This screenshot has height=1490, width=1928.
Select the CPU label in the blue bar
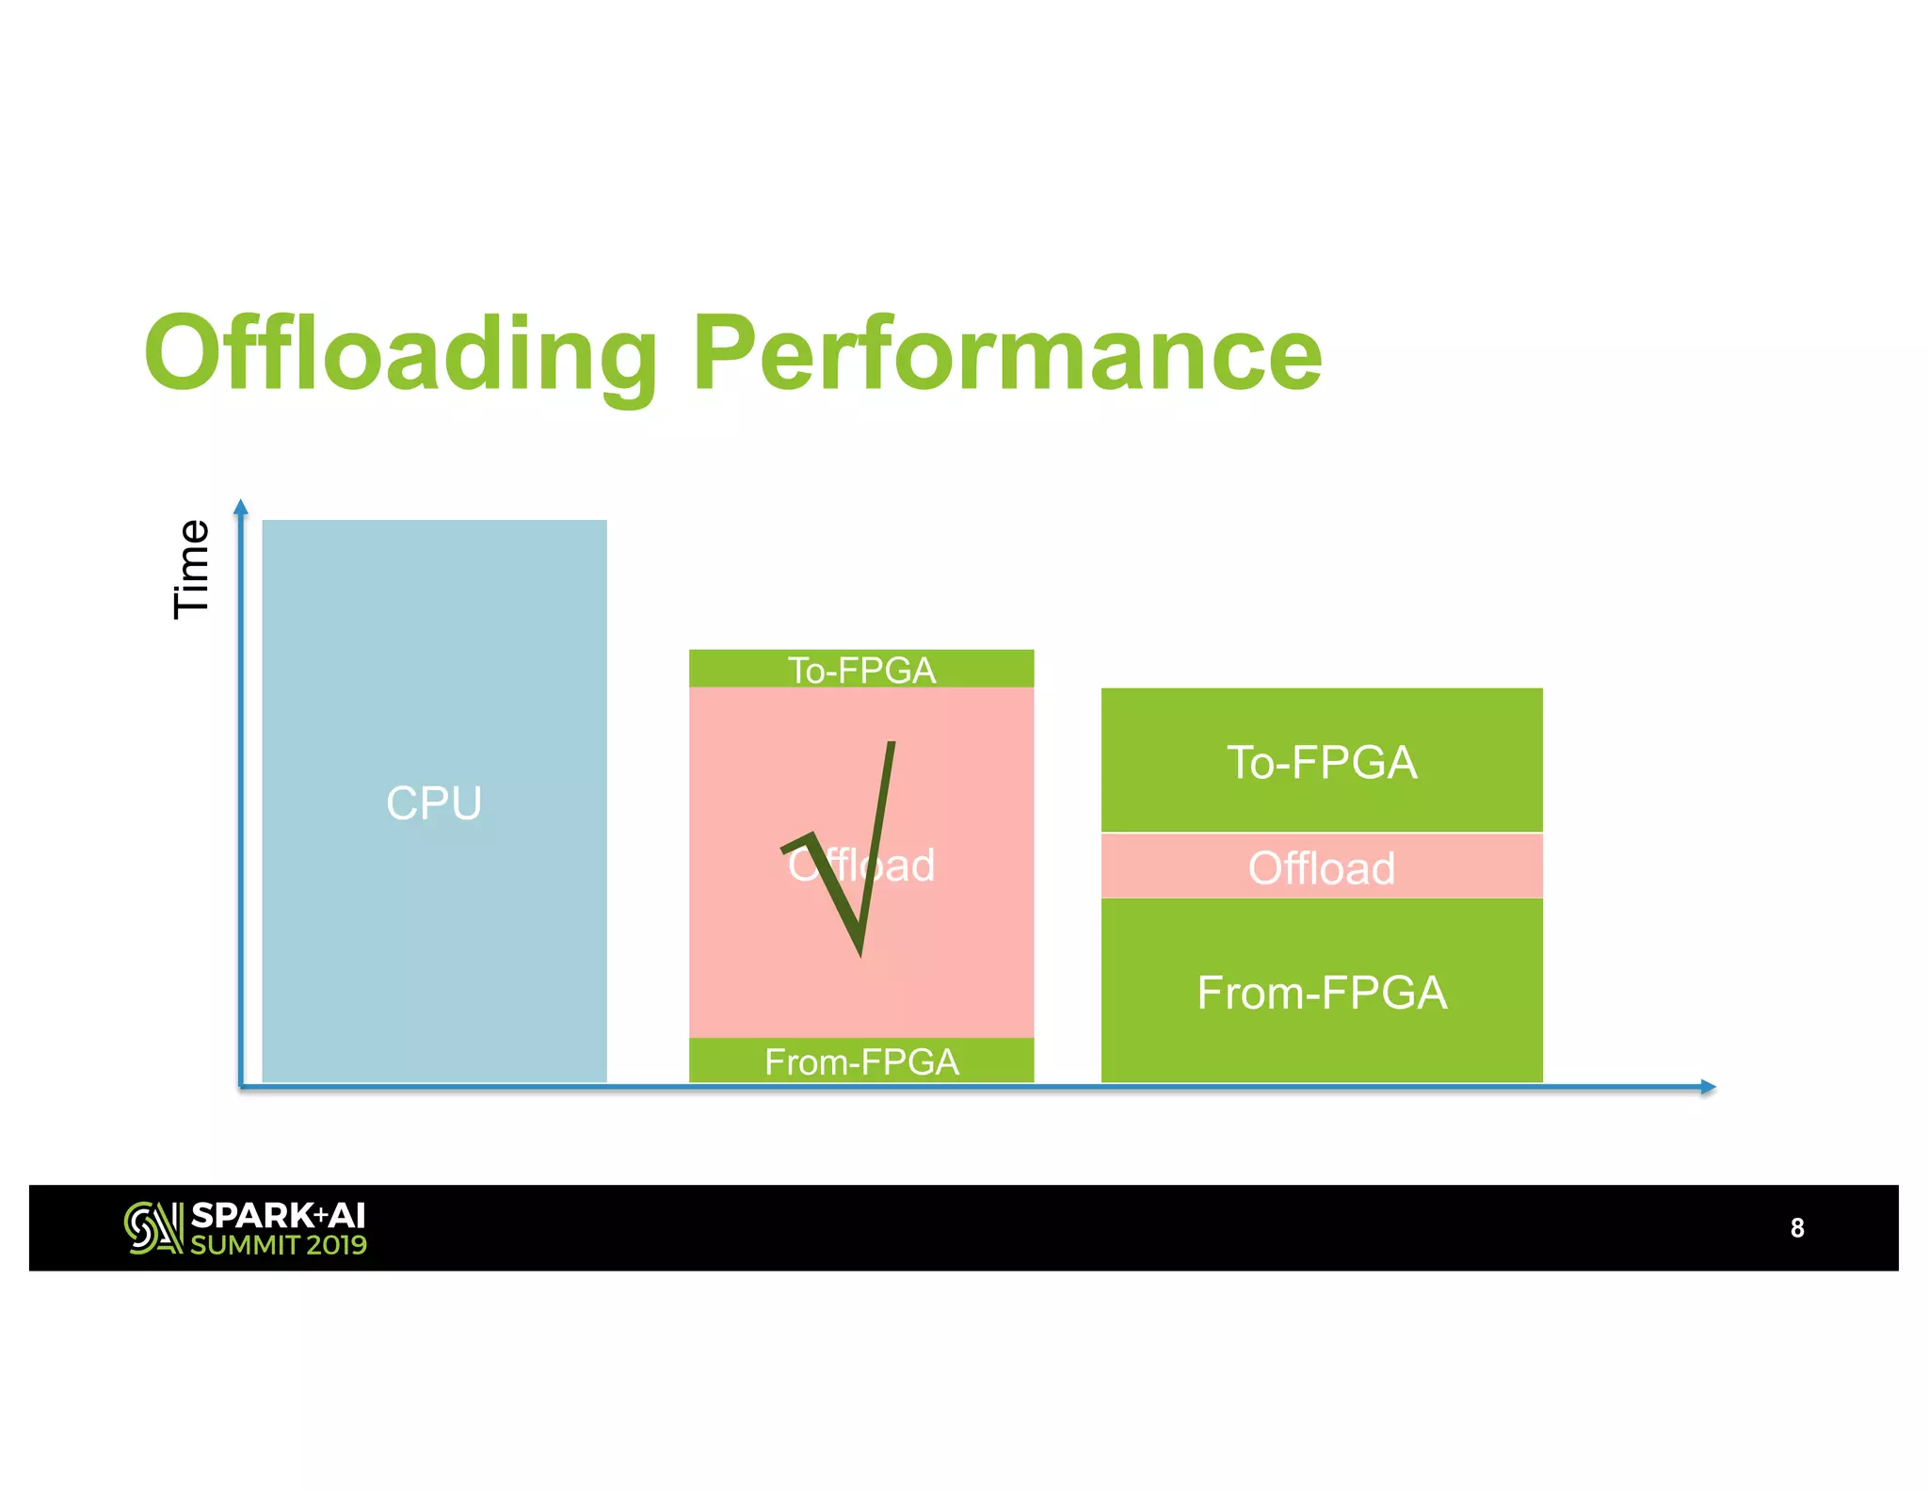(434, 803)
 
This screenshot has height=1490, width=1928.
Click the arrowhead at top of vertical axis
(241, 508)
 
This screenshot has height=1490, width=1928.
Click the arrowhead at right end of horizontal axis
(1708, 1087)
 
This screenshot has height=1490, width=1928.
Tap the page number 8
(1797, 1228)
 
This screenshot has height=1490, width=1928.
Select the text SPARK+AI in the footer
(278, 1215)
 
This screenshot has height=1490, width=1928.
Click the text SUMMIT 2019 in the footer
(279, 1245)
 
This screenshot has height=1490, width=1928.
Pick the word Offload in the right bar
(1322, 867)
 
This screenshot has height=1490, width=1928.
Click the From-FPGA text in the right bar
(1322, 993)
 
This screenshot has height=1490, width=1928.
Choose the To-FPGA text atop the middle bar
(861, 671)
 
